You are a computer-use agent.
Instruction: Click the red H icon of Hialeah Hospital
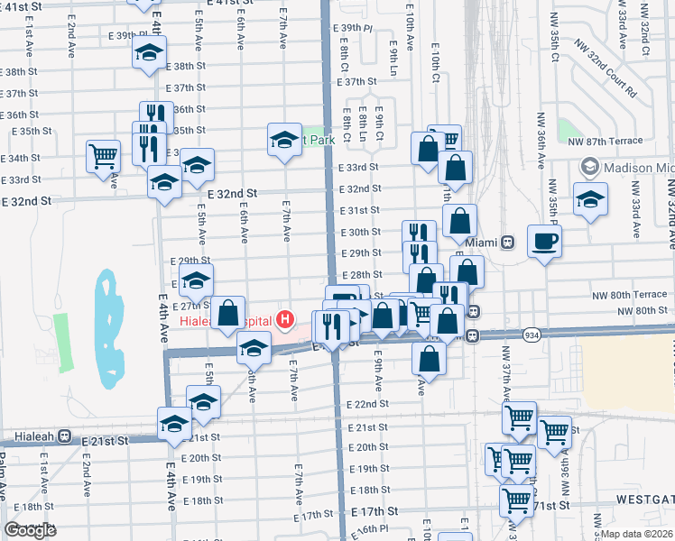[286, 318]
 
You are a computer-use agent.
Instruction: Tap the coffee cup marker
[545, 242]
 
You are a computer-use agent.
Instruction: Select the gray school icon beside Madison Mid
[589, 167]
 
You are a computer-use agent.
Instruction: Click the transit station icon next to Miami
[508, 243]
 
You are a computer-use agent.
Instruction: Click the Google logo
[30, 530]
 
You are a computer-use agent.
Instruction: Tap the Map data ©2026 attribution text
[636, 534]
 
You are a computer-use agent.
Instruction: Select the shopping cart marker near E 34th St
[103, 155]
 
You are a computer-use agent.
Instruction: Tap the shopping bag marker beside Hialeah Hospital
[228, 314]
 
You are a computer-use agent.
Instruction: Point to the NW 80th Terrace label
[629, 295]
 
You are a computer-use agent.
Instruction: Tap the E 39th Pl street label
[353, 29]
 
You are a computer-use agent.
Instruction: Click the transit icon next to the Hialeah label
[64, 436]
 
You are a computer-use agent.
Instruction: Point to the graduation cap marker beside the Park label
[284, 140]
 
